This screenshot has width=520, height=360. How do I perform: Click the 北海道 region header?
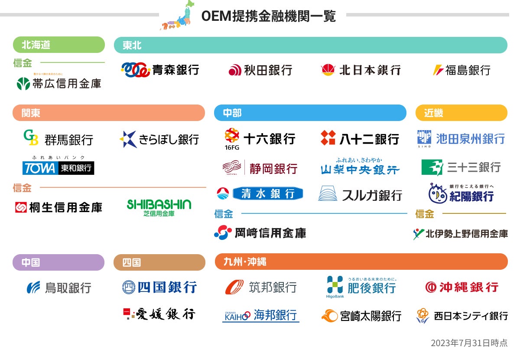click(x=59, y=45)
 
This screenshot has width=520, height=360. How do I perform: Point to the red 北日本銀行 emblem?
click(x=328, y=70)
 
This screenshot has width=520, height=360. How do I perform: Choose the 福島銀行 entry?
click(x=461, y=70)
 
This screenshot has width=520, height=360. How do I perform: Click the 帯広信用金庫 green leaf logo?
click(x=23, y=83)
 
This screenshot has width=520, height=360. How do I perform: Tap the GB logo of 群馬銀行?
click(x=31, y=138)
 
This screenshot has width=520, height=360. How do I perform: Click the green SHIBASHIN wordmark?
click(x=159, y=204)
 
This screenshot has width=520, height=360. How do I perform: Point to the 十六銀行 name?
click(x=269, y=139)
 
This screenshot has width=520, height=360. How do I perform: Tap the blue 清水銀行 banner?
click(x=267, y=193)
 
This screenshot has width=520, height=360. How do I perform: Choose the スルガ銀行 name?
click(x=372, y=195)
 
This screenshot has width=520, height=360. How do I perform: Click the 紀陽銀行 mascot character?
click(x=438, y=193)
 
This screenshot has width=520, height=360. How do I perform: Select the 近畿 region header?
click(x=461, y=113)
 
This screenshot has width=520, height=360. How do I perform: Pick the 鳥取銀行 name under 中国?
click(x=68, y=288)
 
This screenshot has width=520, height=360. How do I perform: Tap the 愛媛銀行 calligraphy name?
click(x=166, y=314)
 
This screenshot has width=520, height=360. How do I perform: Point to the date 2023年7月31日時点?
click(x=469, y=343)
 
